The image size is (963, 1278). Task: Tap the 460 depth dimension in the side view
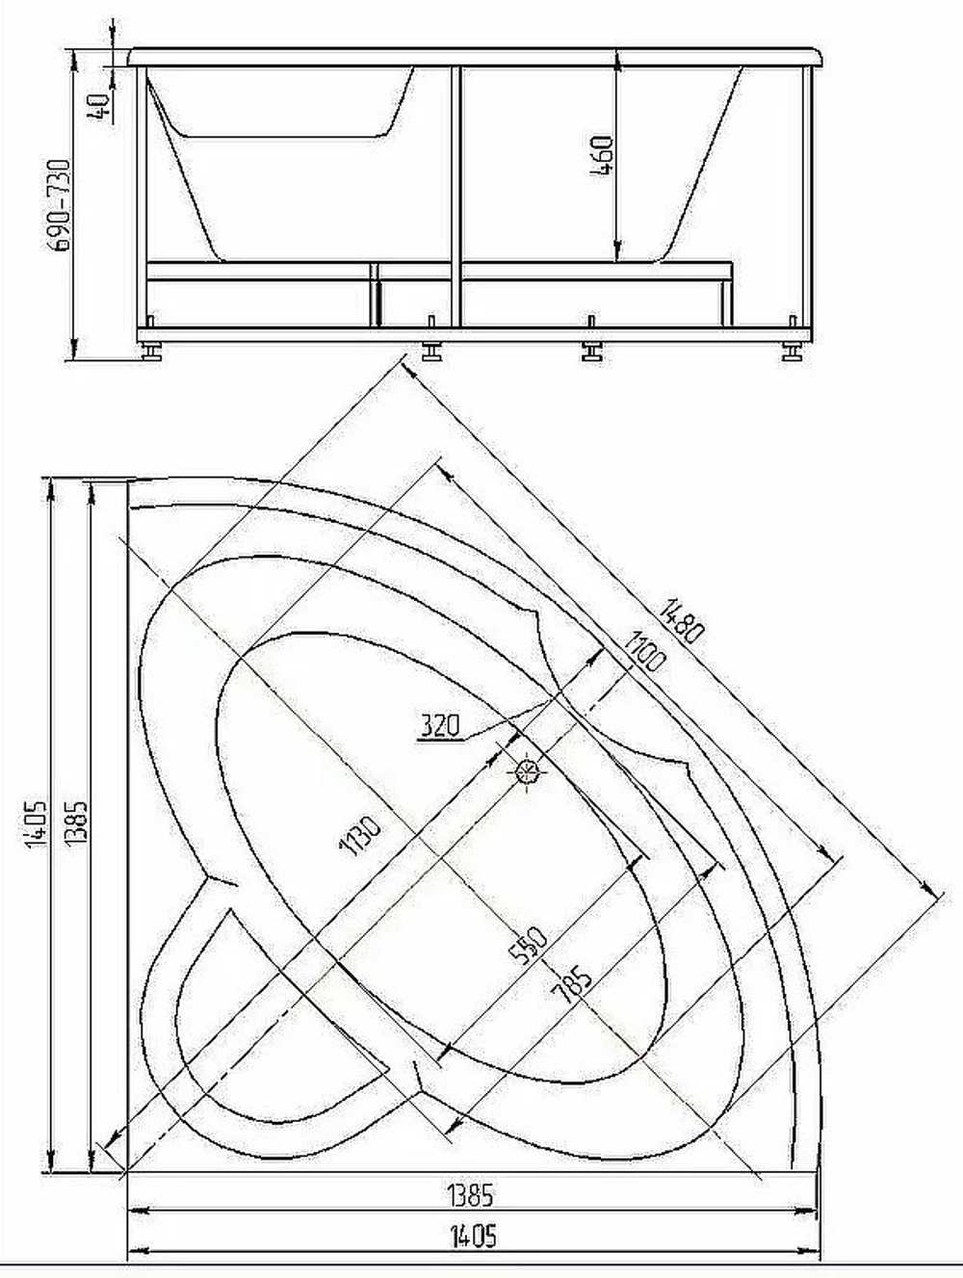tap(602, 156)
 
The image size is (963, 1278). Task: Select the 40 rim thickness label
tap(98, 107)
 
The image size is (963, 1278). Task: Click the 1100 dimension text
tap(644, 652)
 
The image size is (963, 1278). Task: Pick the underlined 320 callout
tap(440, 726)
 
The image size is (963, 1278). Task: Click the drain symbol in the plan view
tap(527, 772)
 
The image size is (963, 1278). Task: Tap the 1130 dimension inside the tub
tap(361, 836)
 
